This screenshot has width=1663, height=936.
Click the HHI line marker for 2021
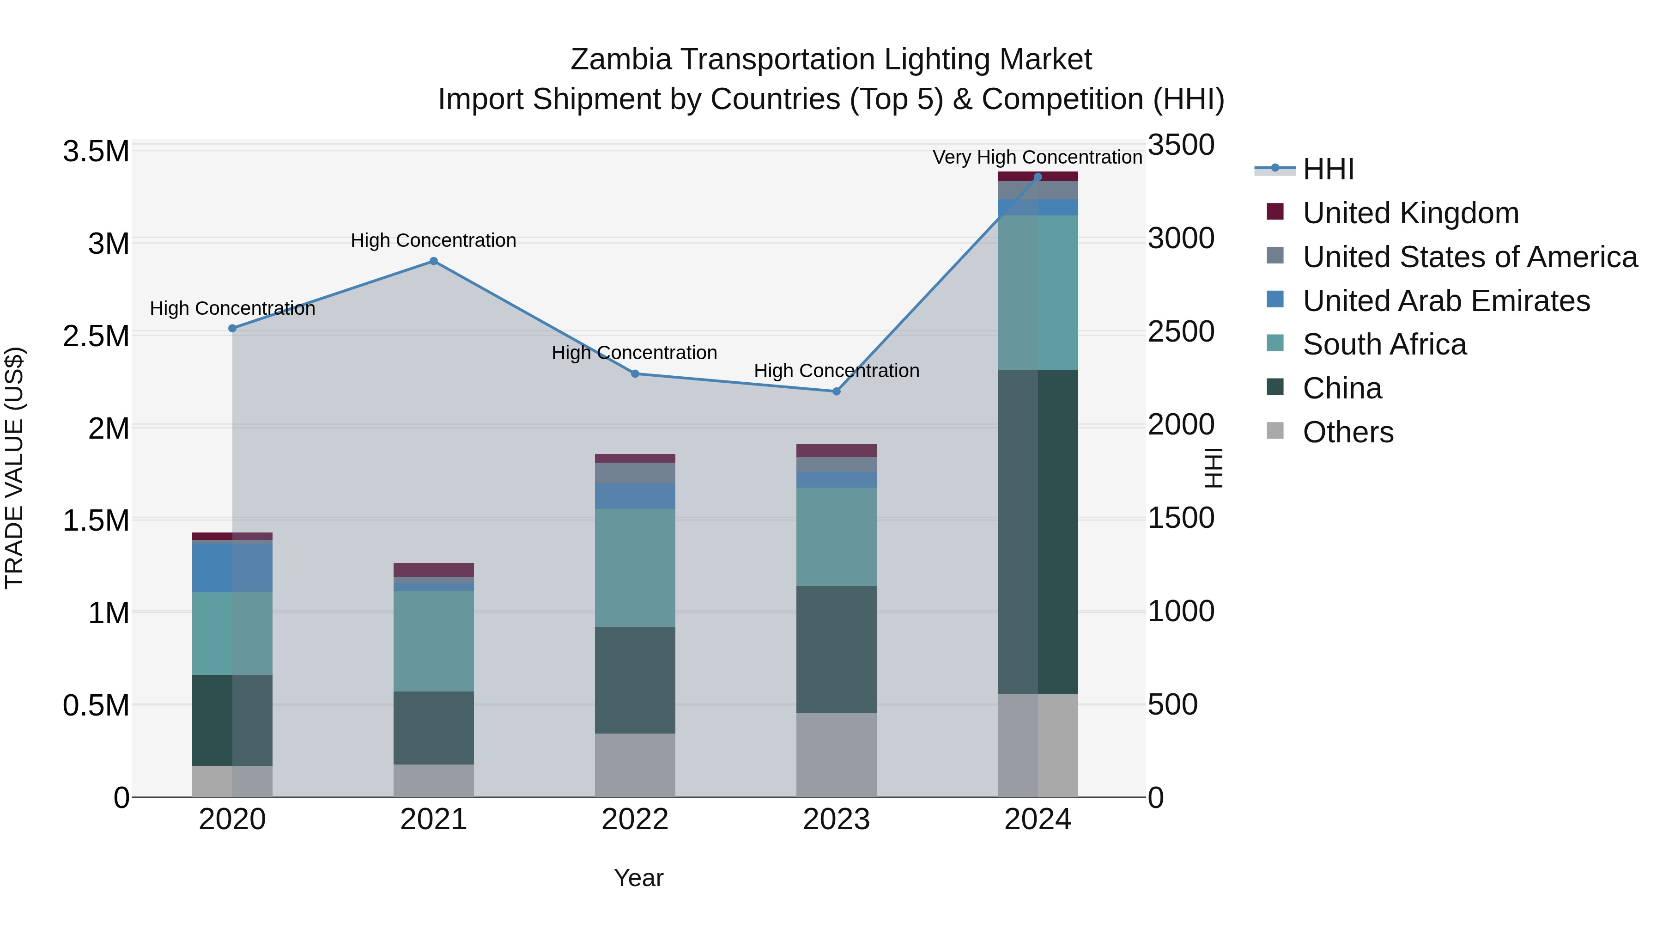[x=433, y=261]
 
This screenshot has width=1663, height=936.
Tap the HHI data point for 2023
[x=836, y=391]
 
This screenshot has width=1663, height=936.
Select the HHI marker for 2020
[x=232, y=328]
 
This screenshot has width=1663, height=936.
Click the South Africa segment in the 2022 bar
[x=635, y=567]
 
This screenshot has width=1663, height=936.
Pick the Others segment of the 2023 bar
[x=836, y=754]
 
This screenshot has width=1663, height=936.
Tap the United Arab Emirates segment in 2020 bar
[x=232, y=567]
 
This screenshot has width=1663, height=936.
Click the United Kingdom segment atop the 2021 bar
[x=433, y=569]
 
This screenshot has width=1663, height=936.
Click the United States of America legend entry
[x=1469, y=257]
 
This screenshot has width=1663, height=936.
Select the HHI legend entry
[x=1327, y=169]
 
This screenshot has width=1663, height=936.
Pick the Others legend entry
[x=1347, y=432]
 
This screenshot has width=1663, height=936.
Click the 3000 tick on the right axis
[x=1181, y=239]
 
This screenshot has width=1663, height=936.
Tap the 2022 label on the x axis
[x=635, y=819]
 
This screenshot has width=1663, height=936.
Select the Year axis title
[x=638, y=878]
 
